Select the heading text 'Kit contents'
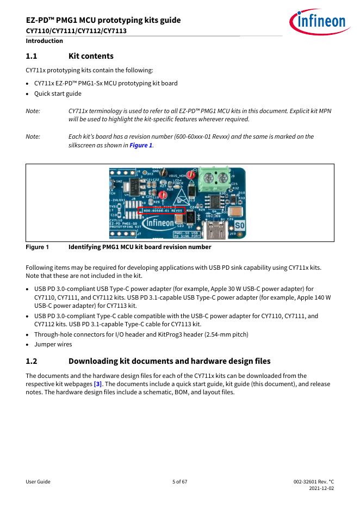tap(91, 56)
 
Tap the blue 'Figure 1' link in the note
tap(141, 146)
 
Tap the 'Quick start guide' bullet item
tap(58, 94)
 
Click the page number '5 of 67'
tap(179, 482)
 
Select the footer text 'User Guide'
tap(38, 482)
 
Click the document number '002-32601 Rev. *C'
tap(313, 482)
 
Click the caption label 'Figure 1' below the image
tap(37, 247)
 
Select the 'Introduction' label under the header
tap(44, 41)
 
